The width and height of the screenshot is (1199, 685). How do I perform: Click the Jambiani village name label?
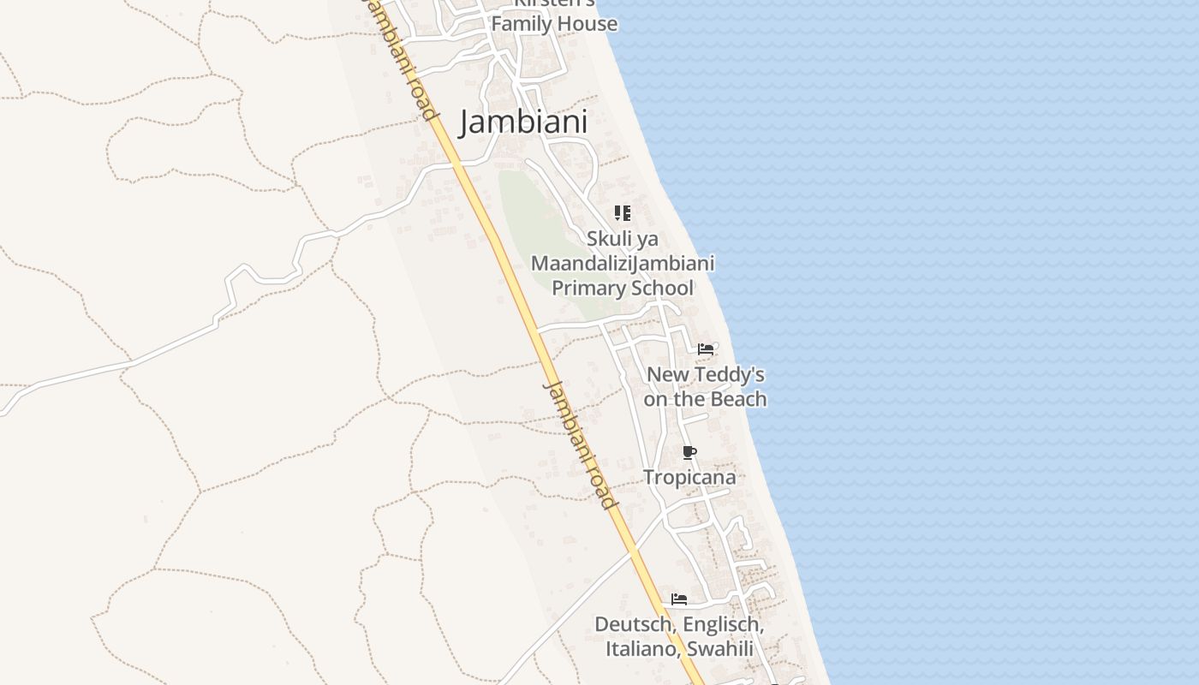523,122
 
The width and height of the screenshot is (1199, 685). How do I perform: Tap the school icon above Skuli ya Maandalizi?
623,213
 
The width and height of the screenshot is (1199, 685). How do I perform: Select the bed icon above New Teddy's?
706,349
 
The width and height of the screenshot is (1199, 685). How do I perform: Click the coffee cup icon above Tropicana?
689,452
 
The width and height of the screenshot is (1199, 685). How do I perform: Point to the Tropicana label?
689,477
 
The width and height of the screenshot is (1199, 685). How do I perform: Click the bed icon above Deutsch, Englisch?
679,599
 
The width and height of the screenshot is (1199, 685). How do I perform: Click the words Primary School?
622,288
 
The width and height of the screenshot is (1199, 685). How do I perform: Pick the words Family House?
554,24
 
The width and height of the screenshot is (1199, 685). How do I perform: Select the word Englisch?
721,624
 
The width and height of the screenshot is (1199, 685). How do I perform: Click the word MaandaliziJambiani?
623,263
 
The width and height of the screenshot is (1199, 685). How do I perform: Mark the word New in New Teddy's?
666,375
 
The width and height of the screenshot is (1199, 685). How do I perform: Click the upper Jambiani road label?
401,60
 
